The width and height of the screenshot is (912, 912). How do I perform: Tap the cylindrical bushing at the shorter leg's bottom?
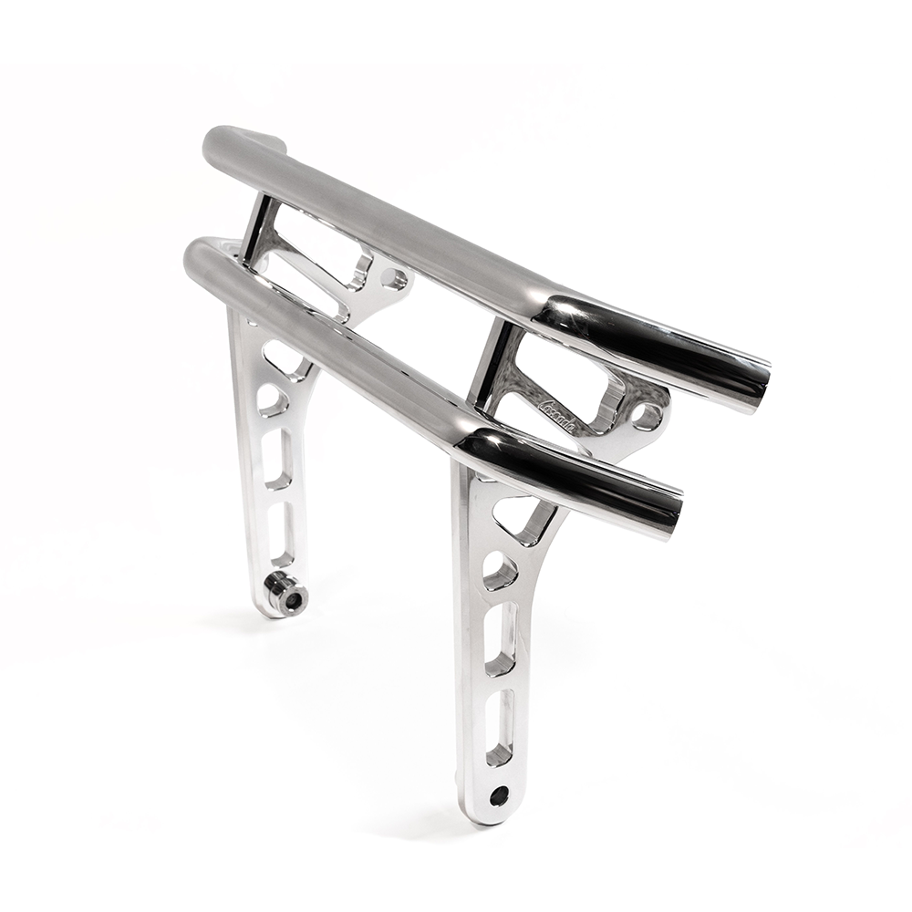(x=285, y=596)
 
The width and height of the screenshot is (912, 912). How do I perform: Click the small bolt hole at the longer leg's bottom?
(x=499, y=795)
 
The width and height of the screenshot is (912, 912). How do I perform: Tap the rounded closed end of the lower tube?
(x=196, y=259)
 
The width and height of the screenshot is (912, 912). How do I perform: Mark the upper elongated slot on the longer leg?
(x=501, y=640)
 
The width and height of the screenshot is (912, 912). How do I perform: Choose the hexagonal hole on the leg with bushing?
(x=272, y=399)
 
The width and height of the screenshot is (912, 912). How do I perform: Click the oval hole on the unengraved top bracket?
(x=394, y=279)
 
